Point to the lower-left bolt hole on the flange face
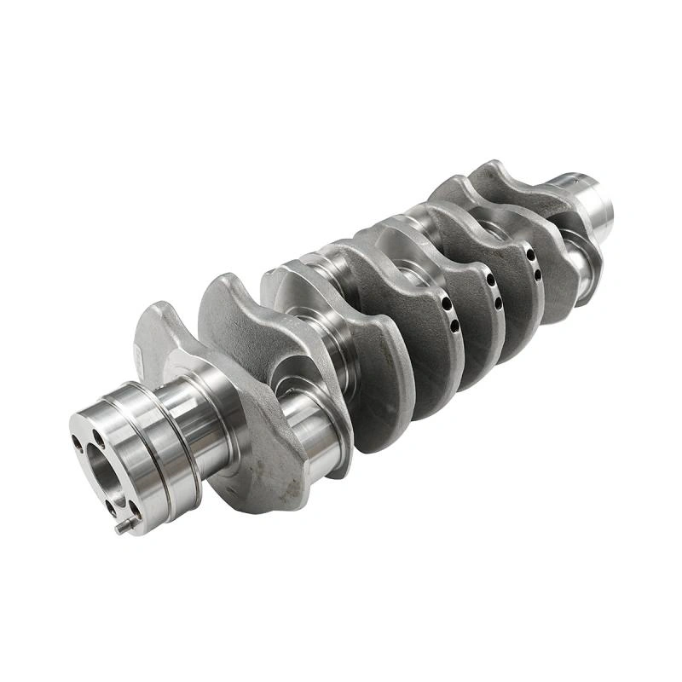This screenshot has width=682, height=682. click(109, 506)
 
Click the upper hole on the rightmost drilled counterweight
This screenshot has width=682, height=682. click(530, 254)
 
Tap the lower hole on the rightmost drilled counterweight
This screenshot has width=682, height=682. click(537, 275)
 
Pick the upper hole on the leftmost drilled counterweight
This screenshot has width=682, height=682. click(446, 303)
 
